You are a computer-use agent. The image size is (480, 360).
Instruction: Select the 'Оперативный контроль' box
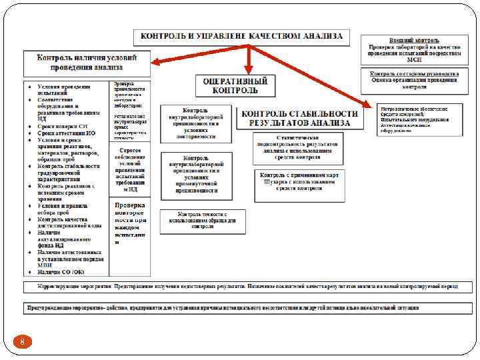pos(235,85)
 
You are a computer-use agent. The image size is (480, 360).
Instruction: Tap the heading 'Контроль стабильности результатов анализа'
pos(299,118)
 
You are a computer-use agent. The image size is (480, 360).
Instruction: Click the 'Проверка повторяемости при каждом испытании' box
pos(129,223)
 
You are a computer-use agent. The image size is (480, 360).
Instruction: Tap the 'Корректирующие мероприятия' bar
pos(240,287)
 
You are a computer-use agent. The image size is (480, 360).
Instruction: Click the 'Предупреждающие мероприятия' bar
pos(240,308)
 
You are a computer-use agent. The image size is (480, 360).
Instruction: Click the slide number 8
pos(22,342)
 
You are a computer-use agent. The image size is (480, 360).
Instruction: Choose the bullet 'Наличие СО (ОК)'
pos(61,271)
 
